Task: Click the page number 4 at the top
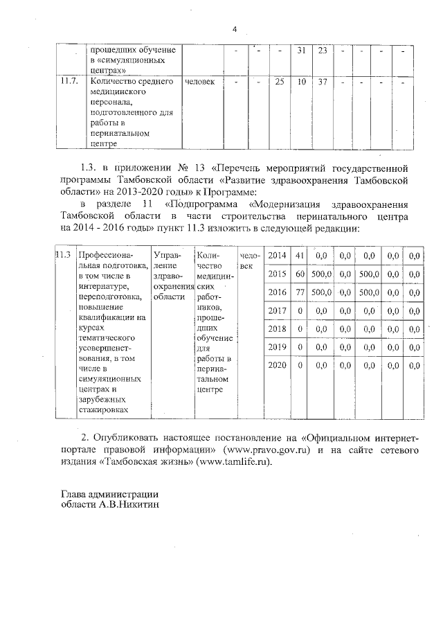click(x=235, y=29)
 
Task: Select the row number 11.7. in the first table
click(x=68, y=82)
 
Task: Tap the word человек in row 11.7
click(x=200, y=82)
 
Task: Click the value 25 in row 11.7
click(x=280, y=82)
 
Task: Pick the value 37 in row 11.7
click(x=323, y=82)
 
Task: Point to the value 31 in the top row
click(x=301, y=51)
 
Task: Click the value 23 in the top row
click(x=323, y=51)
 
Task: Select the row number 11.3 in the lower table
click(x=64, y=256)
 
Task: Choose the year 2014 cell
click(x=277, y=256)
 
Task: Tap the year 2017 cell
click(x=277, y=310)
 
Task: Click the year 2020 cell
click(x=277, y=364)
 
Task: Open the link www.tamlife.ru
click(x=233, y=462)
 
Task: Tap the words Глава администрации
click(x=109, y=494)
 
